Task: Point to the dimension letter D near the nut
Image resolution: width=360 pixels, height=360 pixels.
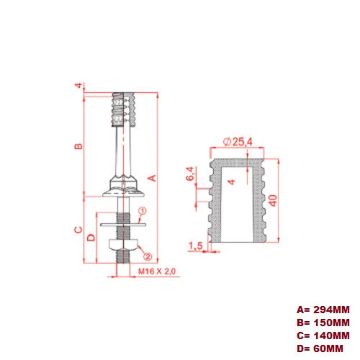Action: click(91, 237)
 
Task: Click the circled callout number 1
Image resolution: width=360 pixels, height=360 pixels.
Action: click(143, 212)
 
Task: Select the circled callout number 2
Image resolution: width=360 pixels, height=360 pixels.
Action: click(147, 256)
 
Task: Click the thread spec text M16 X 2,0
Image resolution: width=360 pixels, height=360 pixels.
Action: click(157, 271)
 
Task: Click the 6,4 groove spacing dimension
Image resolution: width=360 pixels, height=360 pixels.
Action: click(190, 174)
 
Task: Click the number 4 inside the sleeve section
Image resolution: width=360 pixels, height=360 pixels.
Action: click(230, 182)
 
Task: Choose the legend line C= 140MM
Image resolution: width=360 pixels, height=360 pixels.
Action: click(322, 336)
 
